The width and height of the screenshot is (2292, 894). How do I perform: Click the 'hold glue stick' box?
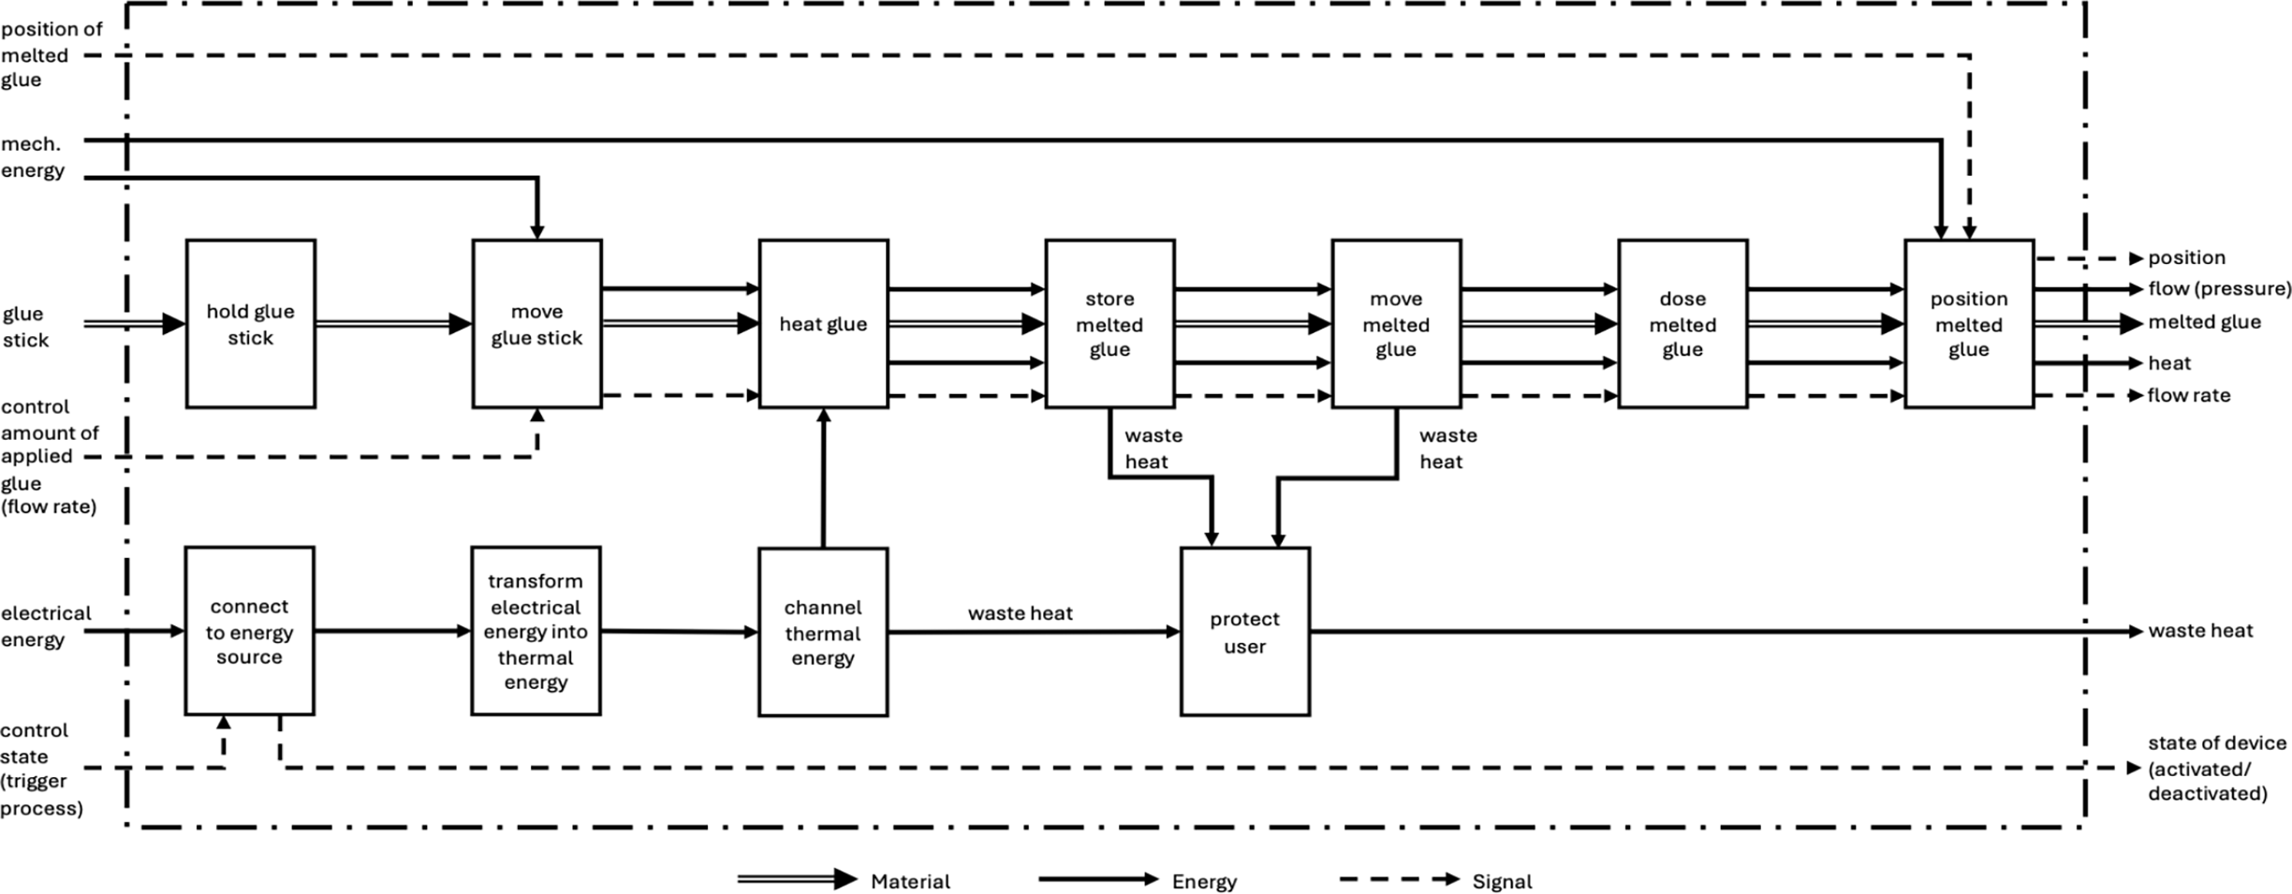(251, 324)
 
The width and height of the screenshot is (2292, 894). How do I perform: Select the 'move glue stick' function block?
(536, 324)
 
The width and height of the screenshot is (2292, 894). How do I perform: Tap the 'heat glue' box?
(823, 324)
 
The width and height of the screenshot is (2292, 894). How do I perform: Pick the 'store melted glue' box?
(1109, 324)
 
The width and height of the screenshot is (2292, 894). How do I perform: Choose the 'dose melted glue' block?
(1682, 324)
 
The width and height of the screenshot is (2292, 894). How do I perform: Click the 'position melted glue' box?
(1969, 324)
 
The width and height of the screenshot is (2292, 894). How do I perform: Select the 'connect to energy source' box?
(249, 632)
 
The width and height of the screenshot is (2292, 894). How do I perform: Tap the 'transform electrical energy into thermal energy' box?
(536, 632)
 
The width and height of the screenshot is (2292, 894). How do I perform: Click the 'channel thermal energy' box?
(823, 633)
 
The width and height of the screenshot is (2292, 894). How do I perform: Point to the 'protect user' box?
(1245, 633)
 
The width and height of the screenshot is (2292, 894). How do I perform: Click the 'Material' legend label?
(910, 882)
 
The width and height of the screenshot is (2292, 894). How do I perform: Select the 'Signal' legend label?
(1502, 882)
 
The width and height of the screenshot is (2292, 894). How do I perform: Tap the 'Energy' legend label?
(1204, 882)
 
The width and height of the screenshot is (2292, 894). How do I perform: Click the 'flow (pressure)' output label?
(2220, 288)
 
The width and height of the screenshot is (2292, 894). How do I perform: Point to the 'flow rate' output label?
(2189, 395)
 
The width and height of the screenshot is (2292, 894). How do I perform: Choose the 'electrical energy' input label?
(46, 626)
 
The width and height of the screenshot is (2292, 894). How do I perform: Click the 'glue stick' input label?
(24, 327)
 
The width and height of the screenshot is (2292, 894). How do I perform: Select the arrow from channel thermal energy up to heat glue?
(823, 478)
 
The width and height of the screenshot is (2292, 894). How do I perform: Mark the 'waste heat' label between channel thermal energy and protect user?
(1020, 613)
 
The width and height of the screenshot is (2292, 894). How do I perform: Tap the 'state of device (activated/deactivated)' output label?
(2217, 769)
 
